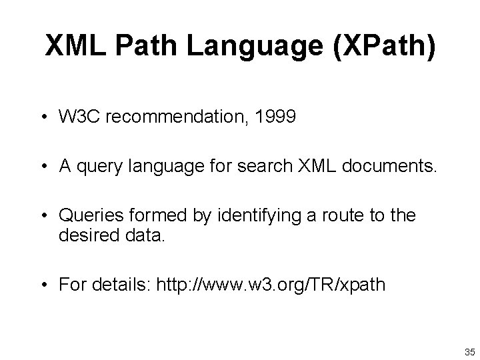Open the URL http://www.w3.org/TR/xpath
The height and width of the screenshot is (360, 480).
[x=271, y=285]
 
